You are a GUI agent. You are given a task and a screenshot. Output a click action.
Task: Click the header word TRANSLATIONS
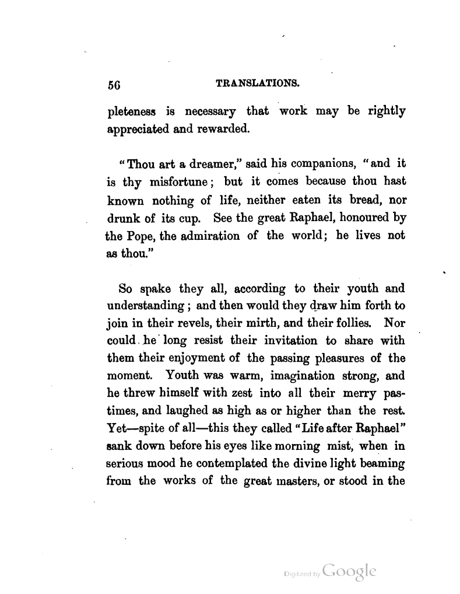pyautogui.click(x=258, y=83)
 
